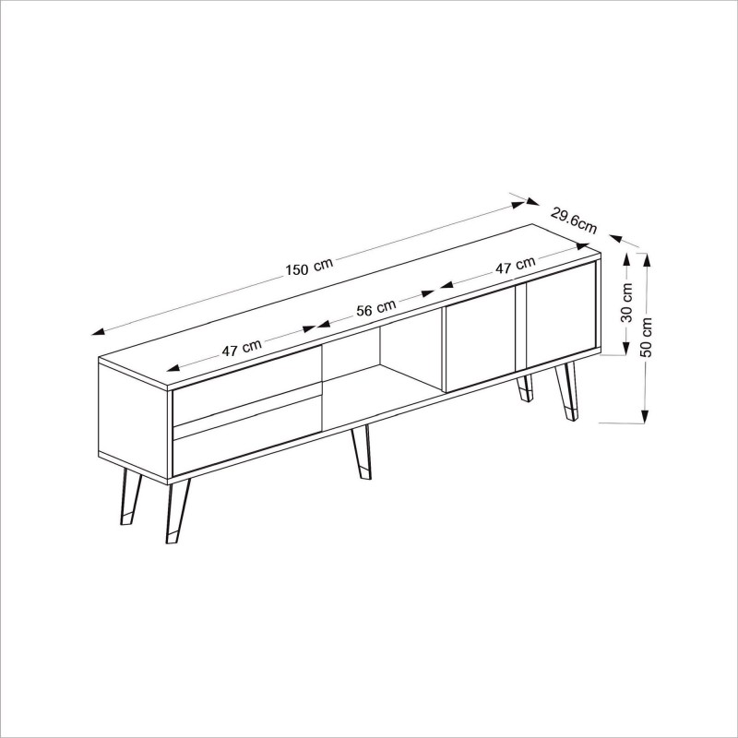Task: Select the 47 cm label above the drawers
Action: tap(242, 348)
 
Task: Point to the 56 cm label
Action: tap(375, 307)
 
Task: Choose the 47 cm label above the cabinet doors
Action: tap(515, 267)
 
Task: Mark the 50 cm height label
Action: tap(647, 337)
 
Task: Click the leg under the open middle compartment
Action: tap(361, 453)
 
